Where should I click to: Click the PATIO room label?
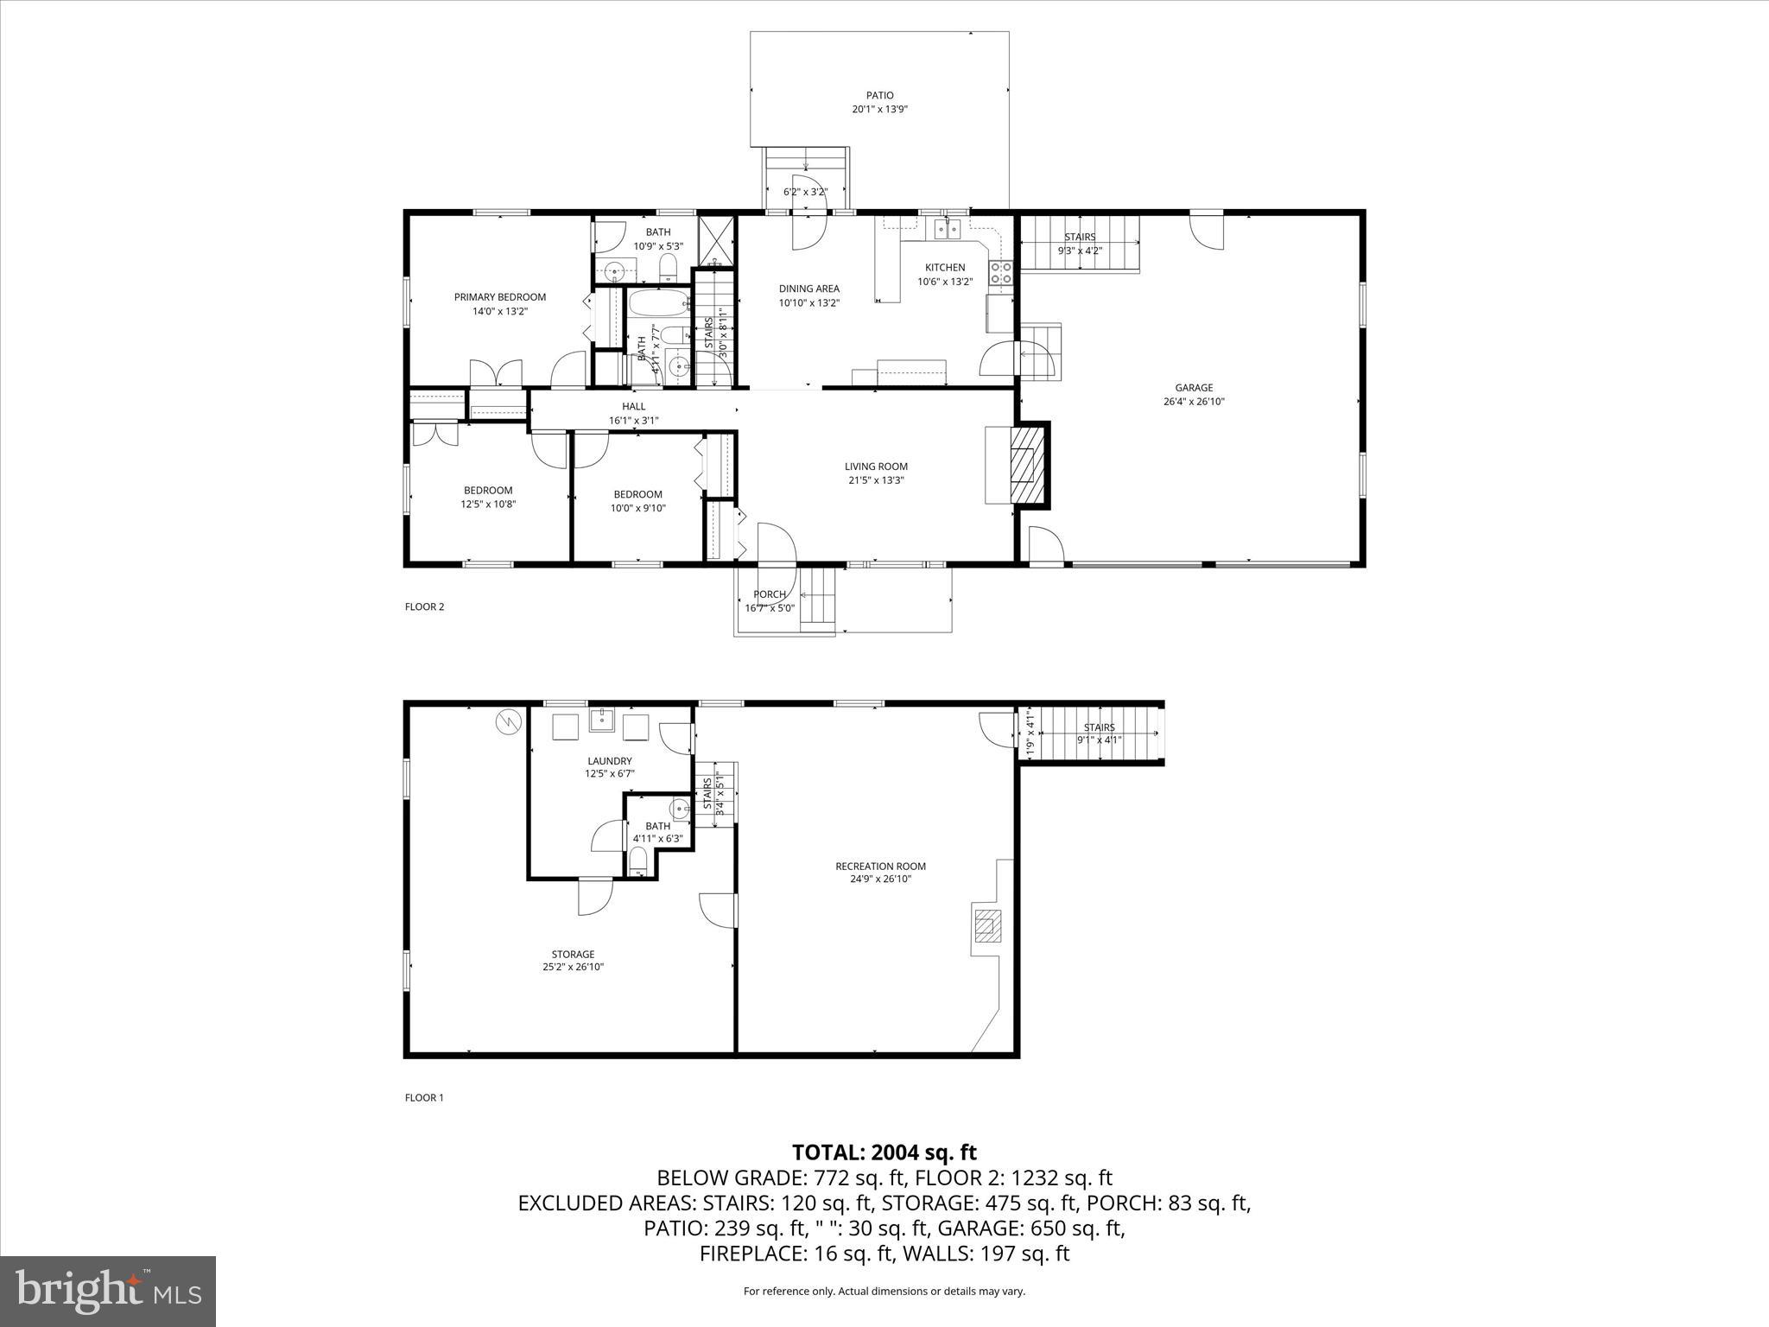coord(879,96)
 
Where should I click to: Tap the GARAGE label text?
coord(1193,388)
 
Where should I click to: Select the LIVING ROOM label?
coord(876,467)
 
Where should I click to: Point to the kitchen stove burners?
coord(1001,273)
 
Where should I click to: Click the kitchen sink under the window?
coord(947,228)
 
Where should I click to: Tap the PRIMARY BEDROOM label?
coord(500,297)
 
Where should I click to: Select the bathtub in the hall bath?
coord(658,303)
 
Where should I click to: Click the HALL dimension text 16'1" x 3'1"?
coord(633,421)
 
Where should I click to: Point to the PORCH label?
coord(769,594)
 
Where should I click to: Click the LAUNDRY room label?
coord(610,761)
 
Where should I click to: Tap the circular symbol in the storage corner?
coord(509,721)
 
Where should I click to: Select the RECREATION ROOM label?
coord(880,867)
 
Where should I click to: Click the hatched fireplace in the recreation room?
coord(987,926)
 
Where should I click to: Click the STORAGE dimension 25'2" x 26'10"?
coord(573,967)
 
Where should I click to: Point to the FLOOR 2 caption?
coord(424,606)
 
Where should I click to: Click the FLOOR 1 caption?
coord(424,1098)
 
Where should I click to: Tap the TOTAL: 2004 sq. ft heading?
coord(884,1152)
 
